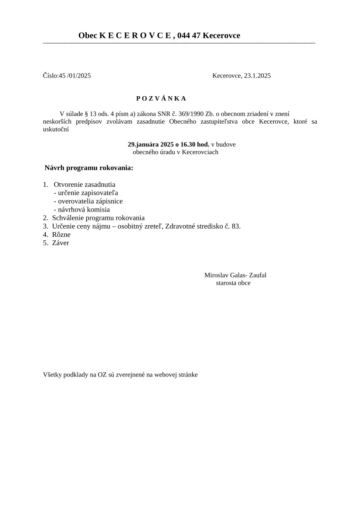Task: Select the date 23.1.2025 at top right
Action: click(x=257, y=76)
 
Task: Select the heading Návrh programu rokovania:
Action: click(x=89, y=168)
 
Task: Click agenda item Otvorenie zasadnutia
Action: click(x=84, y=185)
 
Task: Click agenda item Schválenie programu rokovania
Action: click(x=98, y=218)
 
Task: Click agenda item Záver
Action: click(x=60, y=243)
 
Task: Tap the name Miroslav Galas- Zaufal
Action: click(x=235, y=275)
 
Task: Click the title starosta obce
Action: click(x=233, y=283)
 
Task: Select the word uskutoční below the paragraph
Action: click(x=56, y=129)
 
